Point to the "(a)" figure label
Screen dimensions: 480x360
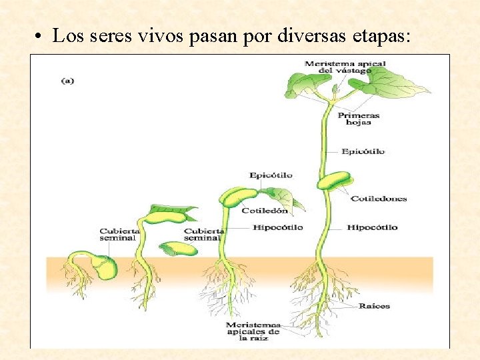tap(67, 81)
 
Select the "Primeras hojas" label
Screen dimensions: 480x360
tap(359, 119)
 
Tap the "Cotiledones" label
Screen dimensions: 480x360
tap(379, 199)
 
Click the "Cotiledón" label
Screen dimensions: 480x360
tap(265, 211)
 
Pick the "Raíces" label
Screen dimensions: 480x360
tap(374, 306)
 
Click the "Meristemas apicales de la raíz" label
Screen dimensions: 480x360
tap(253, 331)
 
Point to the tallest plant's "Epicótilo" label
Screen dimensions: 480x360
tap(363, 151)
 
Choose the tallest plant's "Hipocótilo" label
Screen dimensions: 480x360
tap(372, 227)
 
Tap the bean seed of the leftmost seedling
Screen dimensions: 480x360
tap(104, 267)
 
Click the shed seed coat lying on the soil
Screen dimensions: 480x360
tap(179, 249)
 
